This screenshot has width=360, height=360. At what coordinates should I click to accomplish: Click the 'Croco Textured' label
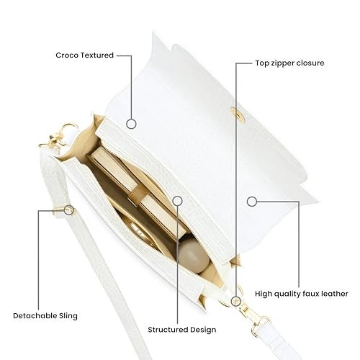[x=84, y=55]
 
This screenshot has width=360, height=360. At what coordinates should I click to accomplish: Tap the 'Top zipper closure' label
[x=289, y=63]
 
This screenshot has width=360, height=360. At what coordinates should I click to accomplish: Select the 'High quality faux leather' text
[x=302, y=294]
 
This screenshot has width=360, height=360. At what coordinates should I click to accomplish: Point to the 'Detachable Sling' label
[x=45, y=316]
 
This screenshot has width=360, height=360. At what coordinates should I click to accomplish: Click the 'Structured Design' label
[x=182, y=330]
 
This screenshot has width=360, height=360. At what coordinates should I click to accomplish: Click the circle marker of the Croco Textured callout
[x=131, y=124]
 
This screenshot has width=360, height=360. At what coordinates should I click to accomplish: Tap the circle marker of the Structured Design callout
[x=177, y=201]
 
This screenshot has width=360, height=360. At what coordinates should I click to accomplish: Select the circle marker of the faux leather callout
[x=252, y=202]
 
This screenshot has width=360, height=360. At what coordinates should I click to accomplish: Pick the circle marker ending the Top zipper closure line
[x=236, y=301]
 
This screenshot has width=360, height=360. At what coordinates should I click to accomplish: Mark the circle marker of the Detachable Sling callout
[x=69, y=210]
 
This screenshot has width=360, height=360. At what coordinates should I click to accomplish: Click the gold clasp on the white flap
[x=238, y=114]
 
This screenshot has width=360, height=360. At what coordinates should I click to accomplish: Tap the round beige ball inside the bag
[x=194, y=256]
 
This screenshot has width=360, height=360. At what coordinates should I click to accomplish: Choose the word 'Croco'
[x=67, y=55]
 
